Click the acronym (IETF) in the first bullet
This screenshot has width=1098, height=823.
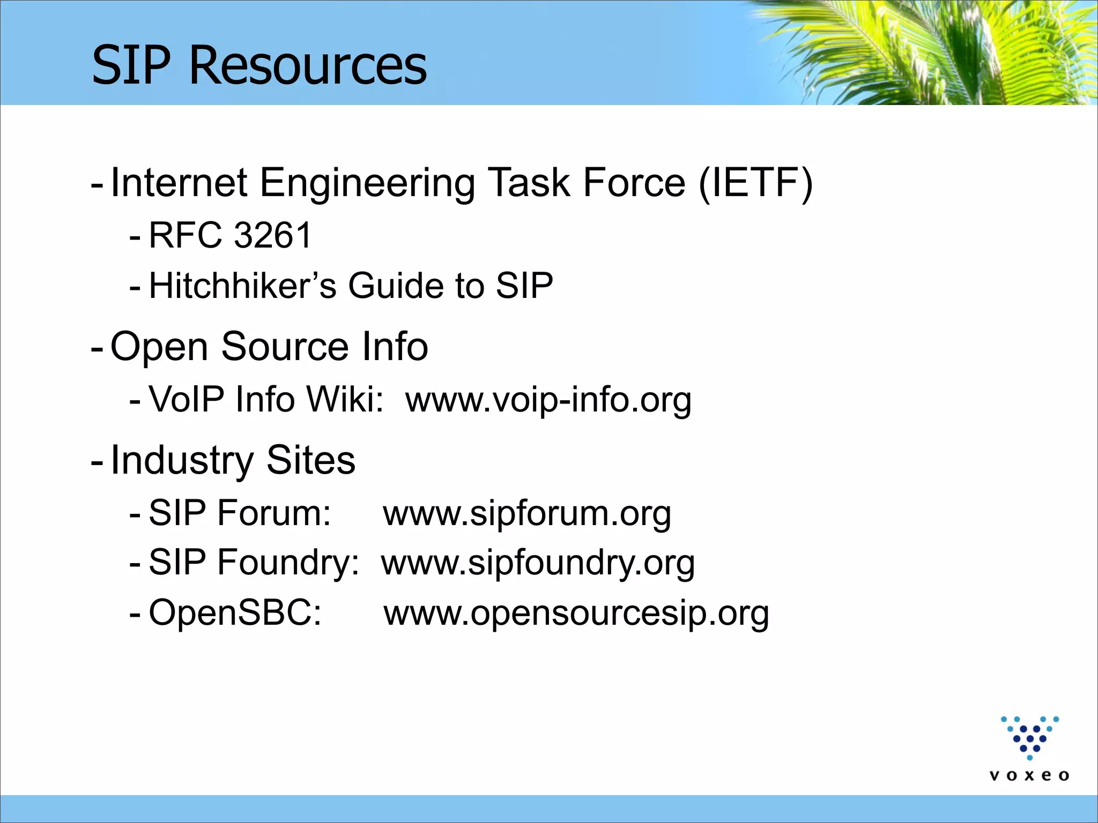coord(755,183)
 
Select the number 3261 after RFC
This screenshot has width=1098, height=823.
coord(273,235)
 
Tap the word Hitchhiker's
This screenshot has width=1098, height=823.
coord(242,285)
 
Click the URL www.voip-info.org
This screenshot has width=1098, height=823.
coord(548,400)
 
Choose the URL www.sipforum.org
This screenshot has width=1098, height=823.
coord(526,513)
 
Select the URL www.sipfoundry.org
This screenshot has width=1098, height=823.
coord(538,563)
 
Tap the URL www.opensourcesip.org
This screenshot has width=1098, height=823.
coord(576,613)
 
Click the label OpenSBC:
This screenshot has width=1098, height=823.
coord(235,612)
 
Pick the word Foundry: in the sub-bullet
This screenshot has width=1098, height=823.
coord(287,563)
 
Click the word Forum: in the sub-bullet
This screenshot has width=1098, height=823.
coord(273,513)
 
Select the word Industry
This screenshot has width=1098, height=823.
coord(181,460)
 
